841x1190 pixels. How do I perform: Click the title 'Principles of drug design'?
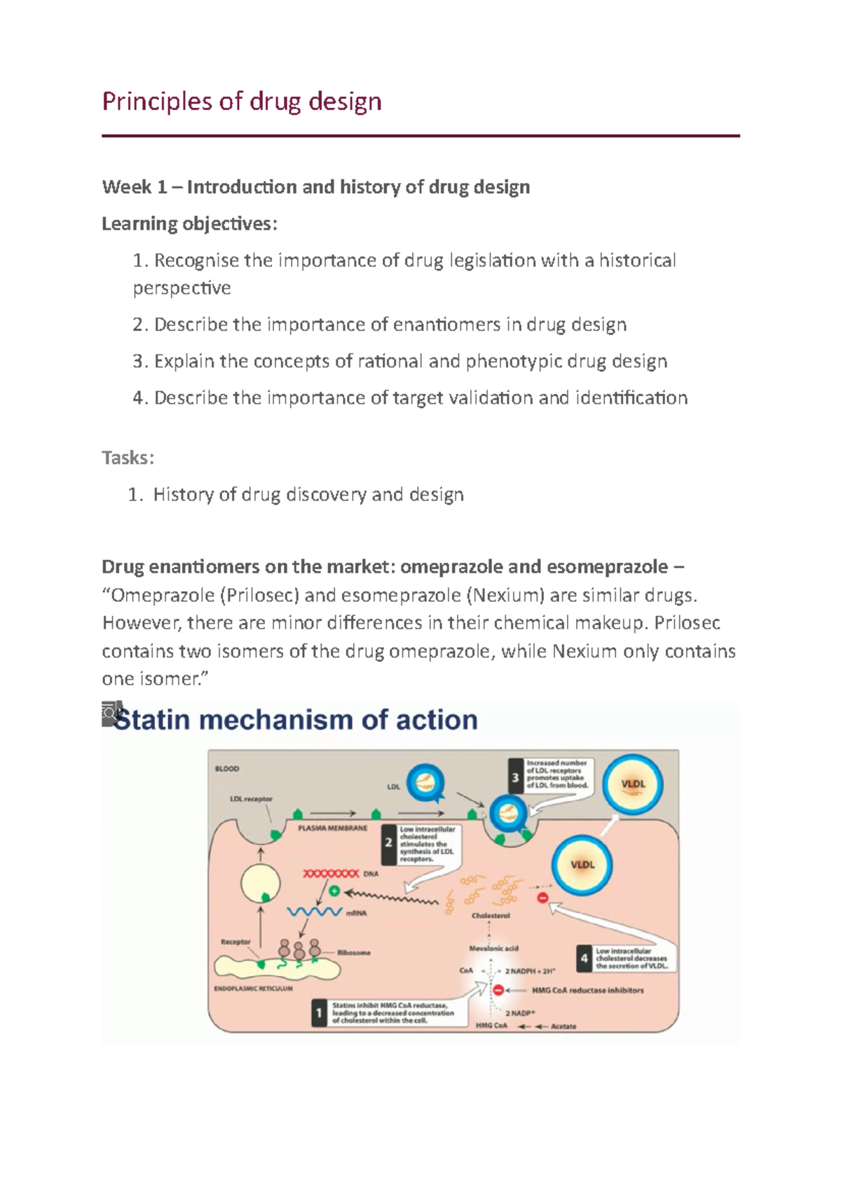tap(242, 102)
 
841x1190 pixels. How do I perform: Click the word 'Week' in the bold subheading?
tap(126, 187)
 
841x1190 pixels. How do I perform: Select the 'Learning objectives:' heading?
tap(189, 224)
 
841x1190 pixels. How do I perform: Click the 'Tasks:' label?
tap(128, 458)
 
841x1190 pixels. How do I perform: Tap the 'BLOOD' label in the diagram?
tap(227, 769)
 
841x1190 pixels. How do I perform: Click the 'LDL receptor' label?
tap(251, 799)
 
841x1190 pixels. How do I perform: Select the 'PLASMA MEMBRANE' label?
tap(332, 828)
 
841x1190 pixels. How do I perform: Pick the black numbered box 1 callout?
tap(319, 1013)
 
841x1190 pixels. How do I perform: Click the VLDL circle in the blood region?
tap(633, 784)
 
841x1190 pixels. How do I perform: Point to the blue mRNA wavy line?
tap(315, 912)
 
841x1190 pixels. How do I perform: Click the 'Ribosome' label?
tap(354, 952)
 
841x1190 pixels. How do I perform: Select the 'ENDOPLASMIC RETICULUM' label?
tap(253, 988)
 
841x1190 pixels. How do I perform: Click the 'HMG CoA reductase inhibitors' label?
tap(587, 990)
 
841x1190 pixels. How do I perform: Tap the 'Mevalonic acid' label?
tap(493, 948)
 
